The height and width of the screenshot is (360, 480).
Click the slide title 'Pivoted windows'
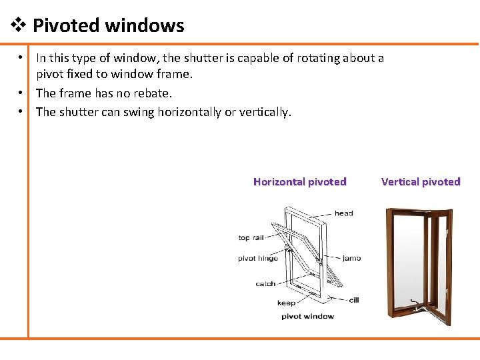click(108, 26)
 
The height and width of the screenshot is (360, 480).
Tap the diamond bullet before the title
click(19, 26)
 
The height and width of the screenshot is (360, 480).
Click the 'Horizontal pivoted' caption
click(299, 181)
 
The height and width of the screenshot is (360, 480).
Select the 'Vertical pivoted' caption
click(421, 181)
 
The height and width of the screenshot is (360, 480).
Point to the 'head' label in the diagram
click(344, 213)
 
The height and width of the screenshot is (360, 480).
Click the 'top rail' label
click(251, 237)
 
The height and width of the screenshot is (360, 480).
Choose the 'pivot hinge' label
click(258, 258)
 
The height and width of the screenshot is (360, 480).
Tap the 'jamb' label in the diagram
click(351, 258)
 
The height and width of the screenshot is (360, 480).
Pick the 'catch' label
click(265, 283)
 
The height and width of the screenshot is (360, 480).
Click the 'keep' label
click(286, 303)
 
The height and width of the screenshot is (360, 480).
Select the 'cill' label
click(354, 300)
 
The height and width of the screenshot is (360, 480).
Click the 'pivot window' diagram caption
click(307, 316)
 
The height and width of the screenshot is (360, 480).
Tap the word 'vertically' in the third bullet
click(264, 112)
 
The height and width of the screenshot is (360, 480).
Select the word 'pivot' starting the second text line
click(51, 74)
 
